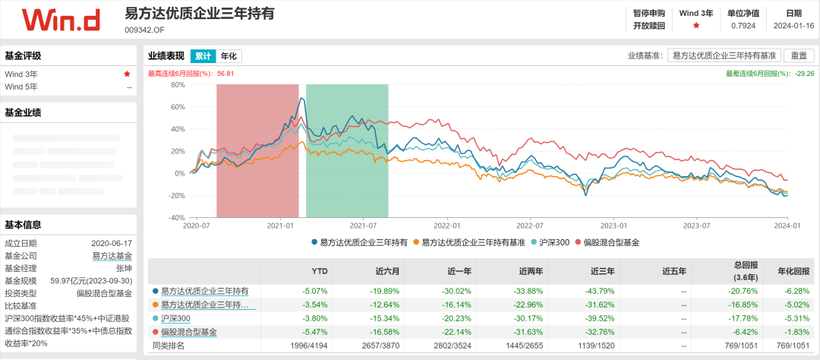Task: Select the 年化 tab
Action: pos(229,56)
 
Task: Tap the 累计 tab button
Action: pos(203,56)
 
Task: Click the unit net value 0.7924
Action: pos(743,26)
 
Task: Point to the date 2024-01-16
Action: pos(793,26)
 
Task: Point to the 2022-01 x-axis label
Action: pos(447,226)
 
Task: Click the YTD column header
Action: pos(320,271)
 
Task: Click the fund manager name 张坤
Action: pos(123,269)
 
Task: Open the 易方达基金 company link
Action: pos(112,256)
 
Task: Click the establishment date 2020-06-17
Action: pos(112,243)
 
